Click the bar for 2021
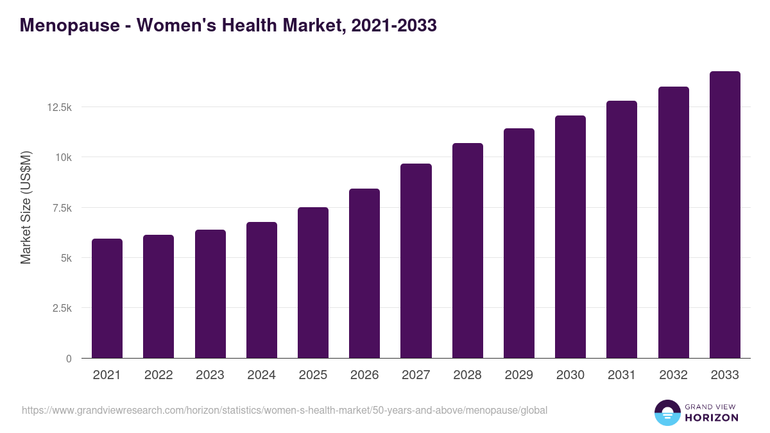click(107, 298)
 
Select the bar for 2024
click(261, 290)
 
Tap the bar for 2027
click(416, 261)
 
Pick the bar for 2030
click(570, 237)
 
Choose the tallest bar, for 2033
click(724, 215)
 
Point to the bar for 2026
click(364, 273)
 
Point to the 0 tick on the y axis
click(69, 359)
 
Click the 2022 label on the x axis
click(158, 375)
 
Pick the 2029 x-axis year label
click(518, 375)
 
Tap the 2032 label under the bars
click(673, 375)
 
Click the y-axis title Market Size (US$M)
click(26, 207)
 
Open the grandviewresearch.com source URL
click(284, 410)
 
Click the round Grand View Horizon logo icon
click(667, 412)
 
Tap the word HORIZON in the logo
click(711, 418)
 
